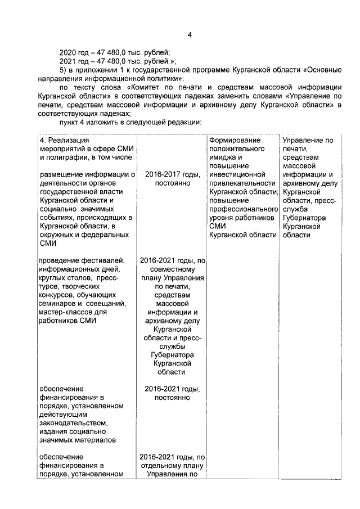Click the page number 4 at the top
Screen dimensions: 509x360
[190, 35]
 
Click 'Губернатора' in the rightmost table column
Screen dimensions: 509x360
[304, 218]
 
